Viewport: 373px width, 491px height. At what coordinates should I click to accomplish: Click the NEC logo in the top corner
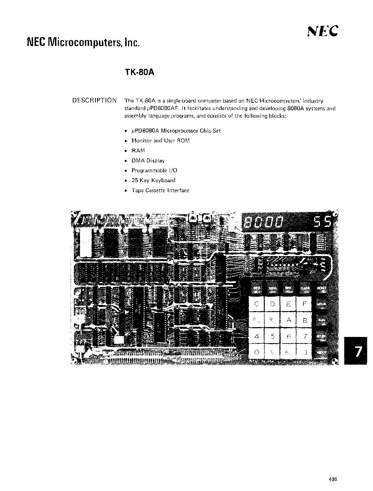[323, 31]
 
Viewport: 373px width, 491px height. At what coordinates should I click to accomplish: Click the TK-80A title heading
[140, 72]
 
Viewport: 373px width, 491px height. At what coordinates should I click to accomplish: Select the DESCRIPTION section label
[95, 101]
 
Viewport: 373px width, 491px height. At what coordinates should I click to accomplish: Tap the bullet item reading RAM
[138, 150]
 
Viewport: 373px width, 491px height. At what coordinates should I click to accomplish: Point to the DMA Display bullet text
[148, 161]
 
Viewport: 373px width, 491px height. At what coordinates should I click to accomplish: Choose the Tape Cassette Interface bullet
[160, 190]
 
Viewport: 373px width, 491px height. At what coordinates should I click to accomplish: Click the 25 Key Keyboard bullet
[153, 180]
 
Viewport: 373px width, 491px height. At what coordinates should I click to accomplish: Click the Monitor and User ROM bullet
[160, 141]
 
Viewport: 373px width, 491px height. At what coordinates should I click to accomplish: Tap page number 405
[332, 479]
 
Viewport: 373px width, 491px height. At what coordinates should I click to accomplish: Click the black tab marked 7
[355, 351]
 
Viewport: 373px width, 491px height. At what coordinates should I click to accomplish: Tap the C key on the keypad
[257, 304]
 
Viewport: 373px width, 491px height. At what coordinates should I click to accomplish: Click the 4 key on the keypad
[257, 337]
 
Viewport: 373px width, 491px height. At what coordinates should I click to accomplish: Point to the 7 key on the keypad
[305, 337]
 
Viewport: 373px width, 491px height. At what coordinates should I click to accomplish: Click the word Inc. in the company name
[132, 43]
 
